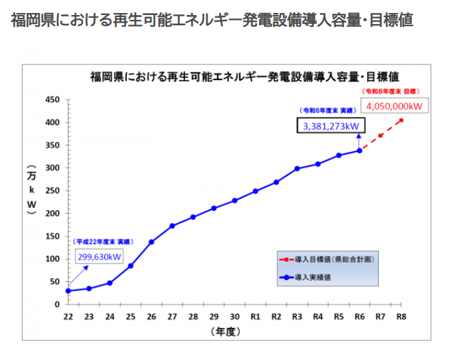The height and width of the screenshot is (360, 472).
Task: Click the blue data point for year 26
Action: [x=151, y=242]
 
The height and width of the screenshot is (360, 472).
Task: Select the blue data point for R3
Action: [x=297, y=168]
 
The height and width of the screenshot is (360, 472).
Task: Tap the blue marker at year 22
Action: [x=68, y=291]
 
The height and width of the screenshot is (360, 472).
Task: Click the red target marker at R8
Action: [x=401, y=120]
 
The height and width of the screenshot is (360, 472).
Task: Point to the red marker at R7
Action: [x=380, y=136]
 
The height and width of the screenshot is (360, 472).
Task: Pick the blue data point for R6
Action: [x=360, y=151]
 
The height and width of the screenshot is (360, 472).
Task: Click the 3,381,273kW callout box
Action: [x=332, y=125]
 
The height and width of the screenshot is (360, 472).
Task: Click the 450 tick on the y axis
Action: [x=53, y=100]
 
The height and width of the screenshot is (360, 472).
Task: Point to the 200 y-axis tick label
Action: [x=53, y=214]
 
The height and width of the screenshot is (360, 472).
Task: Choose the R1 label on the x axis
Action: [x=255, y=317]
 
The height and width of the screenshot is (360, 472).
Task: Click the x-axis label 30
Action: [x=234, y=317]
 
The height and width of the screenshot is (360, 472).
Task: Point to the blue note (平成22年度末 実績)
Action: [x=103, y=242]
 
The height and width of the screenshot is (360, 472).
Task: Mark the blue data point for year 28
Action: [x=193, y=217]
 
